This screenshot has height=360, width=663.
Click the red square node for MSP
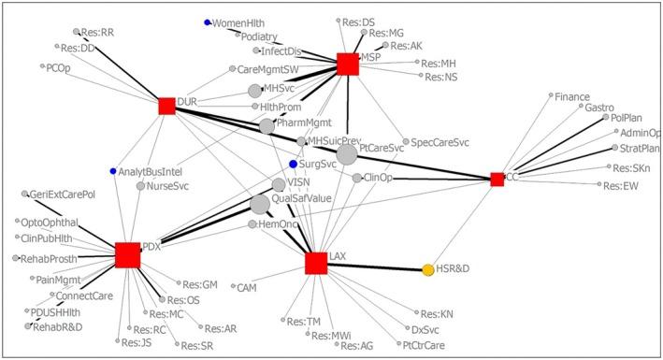348,64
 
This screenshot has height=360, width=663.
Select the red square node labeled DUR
166,107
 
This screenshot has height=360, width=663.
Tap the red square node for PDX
128,255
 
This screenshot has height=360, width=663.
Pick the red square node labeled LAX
316,264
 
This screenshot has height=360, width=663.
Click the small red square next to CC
497,179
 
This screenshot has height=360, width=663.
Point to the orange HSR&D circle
428,269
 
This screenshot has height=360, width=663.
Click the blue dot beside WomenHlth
207,22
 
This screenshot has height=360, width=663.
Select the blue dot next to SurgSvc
293,164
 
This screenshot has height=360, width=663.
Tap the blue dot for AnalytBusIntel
113,171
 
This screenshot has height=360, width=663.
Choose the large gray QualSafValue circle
260,204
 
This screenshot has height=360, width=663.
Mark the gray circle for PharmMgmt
267,125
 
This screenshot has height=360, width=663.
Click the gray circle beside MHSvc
254,90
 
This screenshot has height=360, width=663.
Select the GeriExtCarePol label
64,194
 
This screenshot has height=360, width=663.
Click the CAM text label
248,286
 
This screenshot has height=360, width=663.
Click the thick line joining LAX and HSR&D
374,266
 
